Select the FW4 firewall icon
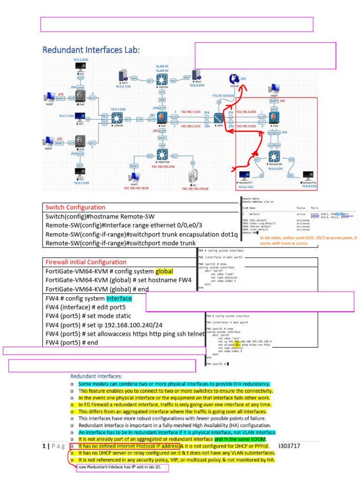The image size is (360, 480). click(274, 116)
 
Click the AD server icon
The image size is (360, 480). click(192, 177)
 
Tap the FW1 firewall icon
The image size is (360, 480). click(162, 117)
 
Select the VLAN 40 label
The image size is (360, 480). click(162, 67)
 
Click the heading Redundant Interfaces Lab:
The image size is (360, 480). click(91, 50)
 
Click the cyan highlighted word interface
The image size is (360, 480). click(119, 298)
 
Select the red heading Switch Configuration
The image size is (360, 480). click(75, 207)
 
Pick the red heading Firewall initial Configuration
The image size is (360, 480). click(86, 262)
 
